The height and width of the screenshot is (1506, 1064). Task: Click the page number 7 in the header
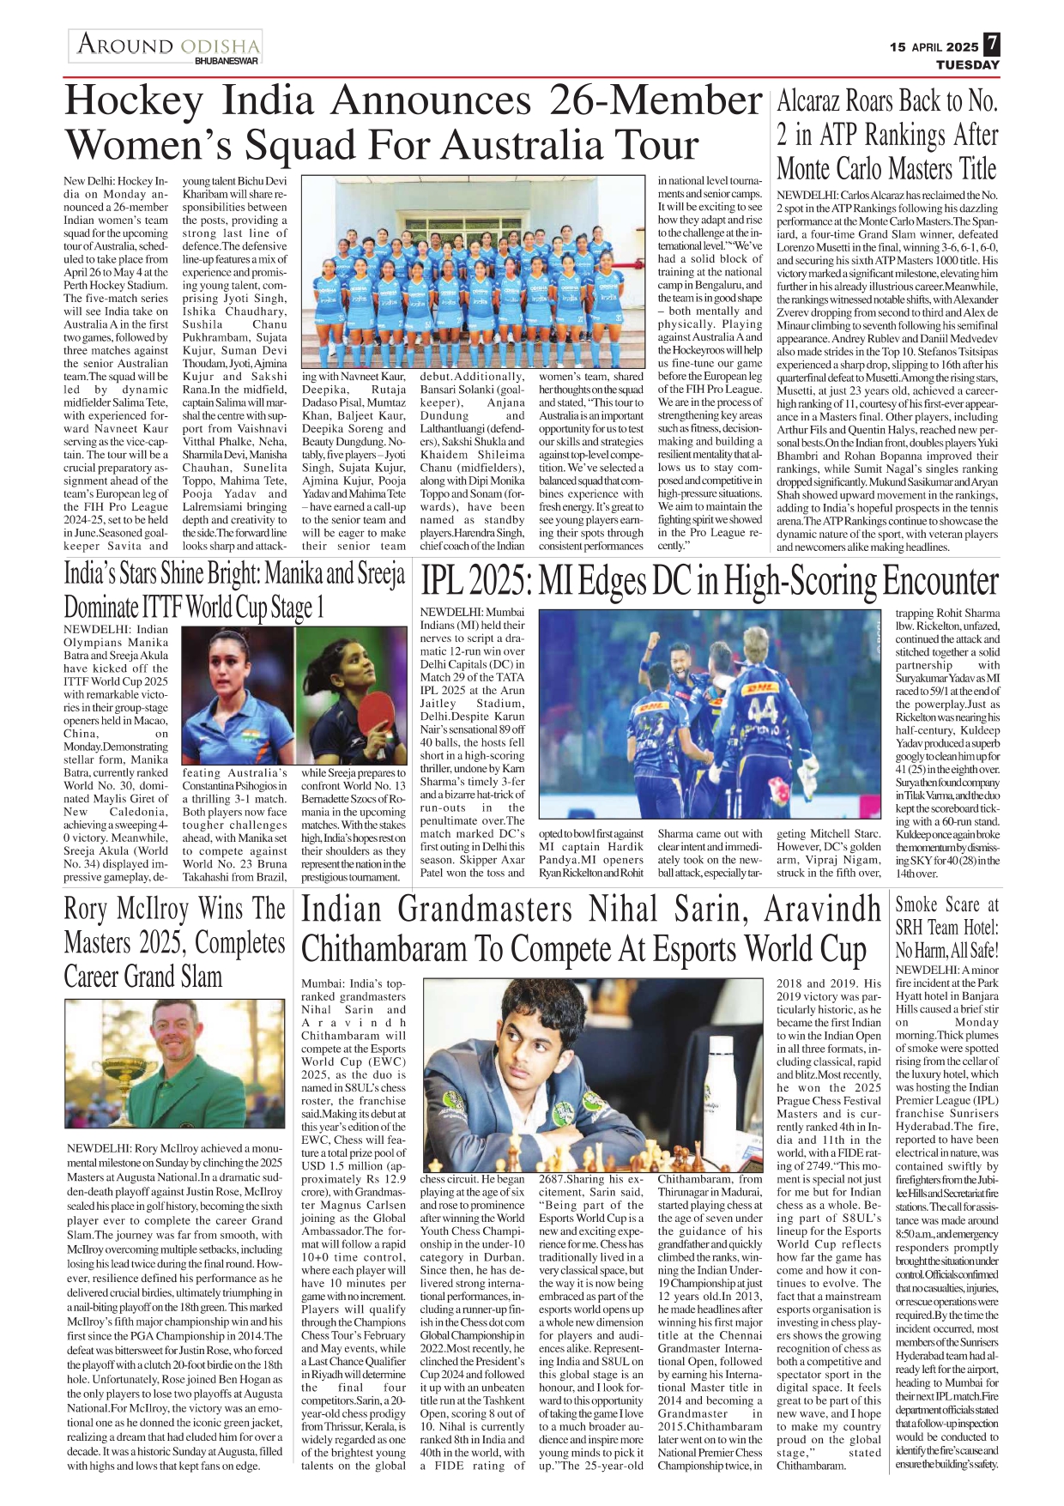pyautogui.click(x=991, y=44)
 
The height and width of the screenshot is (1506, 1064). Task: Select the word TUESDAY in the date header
pyautogui.click(x=967, y=65)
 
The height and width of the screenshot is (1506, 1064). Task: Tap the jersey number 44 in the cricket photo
pyautogui.click(x=760, y=711)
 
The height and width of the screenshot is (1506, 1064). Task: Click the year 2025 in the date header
pyautogui.click(x=963, y=47)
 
